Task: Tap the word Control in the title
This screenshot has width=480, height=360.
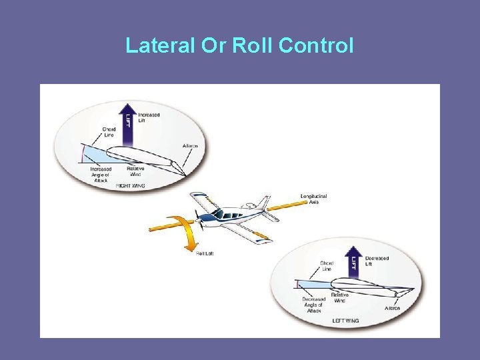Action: point(316,46)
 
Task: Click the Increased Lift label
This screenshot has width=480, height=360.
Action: point(149,117)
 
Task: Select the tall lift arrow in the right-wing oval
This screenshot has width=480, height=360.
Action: point(129,126)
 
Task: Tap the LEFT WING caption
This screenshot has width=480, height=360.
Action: point(345,321)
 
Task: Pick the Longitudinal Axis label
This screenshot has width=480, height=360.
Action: point(313,199)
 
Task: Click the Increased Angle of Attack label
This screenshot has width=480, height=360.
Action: point(101,174)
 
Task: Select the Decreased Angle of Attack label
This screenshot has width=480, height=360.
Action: point(313,305)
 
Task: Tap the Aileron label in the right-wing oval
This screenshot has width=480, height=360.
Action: point(190,146)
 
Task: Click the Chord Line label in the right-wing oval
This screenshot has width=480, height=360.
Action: point(109,132)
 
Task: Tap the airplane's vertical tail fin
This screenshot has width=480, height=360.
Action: point(264,202)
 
